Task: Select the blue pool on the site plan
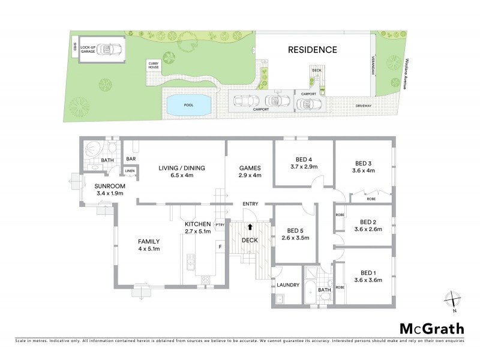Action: [188, 105]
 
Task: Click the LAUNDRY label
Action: [287, 284]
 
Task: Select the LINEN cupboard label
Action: [129, 172]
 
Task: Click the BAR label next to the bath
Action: [130, 158]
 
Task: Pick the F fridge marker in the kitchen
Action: [220, 247]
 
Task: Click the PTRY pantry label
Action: [220, 226]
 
